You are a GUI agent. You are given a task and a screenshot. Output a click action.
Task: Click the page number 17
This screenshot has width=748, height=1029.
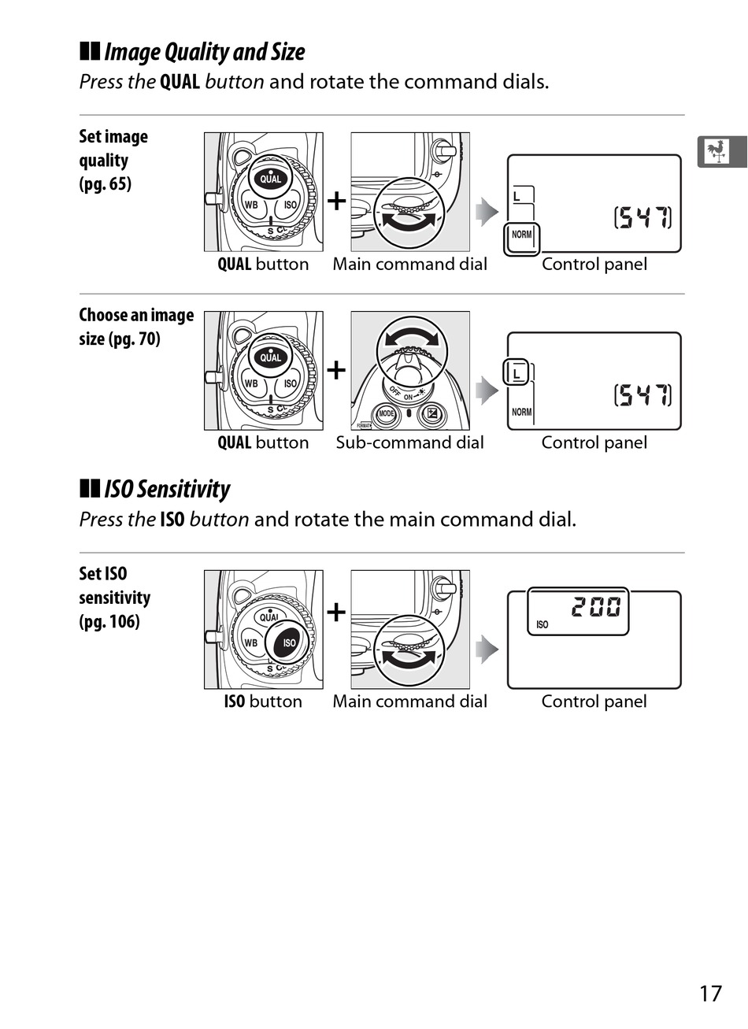click(709, 993)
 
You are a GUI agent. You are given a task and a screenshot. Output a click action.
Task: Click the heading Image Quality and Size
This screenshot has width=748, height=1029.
click(203, 52)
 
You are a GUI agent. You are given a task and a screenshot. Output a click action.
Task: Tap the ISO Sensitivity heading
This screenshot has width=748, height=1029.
click(166, 489)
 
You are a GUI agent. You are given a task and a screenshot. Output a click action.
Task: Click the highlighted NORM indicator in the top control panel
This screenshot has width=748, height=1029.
click(521, 235)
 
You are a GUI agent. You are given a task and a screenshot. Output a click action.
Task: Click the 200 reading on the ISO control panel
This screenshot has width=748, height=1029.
click(596, 607)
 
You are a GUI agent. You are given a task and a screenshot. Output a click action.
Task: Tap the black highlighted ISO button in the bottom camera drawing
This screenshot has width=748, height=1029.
click(288, 642)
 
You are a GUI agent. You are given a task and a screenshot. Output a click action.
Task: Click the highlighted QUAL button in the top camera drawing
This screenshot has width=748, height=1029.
click(270, 178)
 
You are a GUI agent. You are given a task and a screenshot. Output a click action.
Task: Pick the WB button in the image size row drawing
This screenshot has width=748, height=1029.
click(250, 383)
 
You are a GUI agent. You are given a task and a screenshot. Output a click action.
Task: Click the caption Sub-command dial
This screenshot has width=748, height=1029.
click(409, 442)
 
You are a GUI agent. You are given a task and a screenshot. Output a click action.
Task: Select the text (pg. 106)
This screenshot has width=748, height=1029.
click(109, 621)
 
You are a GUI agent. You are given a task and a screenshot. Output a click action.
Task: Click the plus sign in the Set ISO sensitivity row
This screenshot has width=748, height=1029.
click(336, 612)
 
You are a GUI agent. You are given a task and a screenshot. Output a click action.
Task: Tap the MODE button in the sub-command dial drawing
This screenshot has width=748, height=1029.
click(386, 414)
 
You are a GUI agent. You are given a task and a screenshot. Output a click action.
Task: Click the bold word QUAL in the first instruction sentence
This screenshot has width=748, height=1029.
click(180, 82)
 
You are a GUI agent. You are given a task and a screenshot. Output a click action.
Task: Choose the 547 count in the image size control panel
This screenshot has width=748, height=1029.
click(642, 394)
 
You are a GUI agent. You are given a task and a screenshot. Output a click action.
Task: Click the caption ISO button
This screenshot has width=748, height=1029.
click(263, 701)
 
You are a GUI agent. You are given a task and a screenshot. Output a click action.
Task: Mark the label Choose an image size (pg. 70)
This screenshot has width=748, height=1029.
click(135, 327)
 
